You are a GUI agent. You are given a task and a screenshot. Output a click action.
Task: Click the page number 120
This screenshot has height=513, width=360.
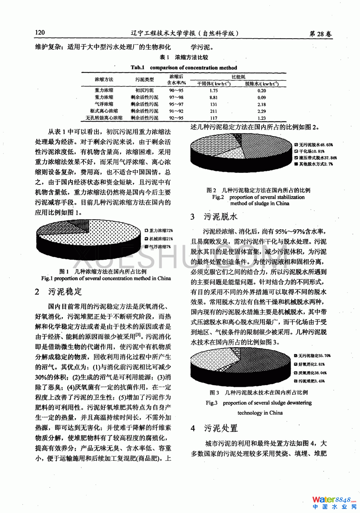pos(40,33)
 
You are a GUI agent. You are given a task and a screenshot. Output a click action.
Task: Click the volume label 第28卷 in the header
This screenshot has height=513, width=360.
pos(320,34)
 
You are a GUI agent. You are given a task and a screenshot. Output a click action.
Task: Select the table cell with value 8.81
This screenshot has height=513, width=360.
pos(213,98)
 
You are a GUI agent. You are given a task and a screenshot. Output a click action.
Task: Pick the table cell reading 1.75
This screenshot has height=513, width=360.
pos(213,91)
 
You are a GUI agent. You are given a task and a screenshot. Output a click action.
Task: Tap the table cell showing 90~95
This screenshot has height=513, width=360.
pos(176,91)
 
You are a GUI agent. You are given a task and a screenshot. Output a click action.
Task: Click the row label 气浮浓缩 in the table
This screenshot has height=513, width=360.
pos(104,104)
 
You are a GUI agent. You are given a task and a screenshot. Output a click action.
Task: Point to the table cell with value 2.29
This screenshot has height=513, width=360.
pos(262,111)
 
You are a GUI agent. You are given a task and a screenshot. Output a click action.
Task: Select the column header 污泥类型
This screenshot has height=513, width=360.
pos(144,79)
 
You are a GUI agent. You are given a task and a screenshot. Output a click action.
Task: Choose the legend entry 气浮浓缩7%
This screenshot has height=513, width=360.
pos(160,247)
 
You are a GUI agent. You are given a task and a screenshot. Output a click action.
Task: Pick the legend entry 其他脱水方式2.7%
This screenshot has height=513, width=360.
pos(316,164)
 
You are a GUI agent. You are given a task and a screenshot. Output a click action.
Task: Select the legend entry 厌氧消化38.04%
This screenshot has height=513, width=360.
pos(312,373)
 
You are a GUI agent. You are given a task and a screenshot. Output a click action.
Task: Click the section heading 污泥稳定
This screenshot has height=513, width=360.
pos(65,292)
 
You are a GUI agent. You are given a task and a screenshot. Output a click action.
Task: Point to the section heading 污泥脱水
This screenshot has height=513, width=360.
pos(220,217)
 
